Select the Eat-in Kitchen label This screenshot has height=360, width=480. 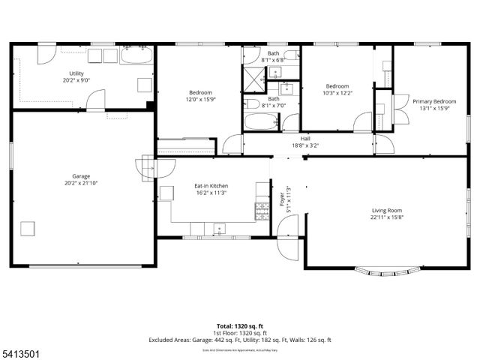[x=211, y=185]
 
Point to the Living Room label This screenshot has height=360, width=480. [x=387, y=210]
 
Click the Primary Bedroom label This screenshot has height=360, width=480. [x=434, y=100]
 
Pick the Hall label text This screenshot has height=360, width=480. [x=305, y=138]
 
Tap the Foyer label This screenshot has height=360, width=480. [x=283, y=199]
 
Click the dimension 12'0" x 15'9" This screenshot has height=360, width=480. [x=200, y=99]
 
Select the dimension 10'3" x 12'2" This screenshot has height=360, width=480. [x=337, y=92]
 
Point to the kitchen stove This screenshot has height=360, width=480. [x=262, y=211]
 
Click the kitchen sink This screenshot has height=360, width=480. [x=219, y=228]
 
